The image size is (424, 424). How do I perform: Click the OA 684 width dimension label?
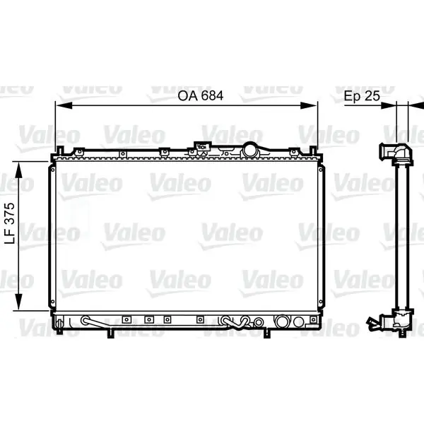[201, 95]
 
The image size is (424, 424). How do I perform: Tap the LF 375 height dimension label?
[10, 223]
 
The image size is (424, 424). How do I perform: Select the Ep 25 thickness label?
[362, 96]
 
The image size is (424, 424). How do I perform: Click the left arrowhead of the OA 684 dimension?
[64, 105]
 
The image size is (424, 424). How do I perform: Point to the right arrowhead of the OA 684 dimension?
[309, 105]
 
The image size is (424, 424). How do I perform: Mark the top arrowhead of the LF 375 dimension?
[18, 170]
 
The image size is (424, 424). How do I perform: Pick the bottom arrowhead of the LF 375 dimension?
[18, 302]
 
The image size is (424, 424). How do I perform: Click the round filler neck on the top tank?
[250, 149]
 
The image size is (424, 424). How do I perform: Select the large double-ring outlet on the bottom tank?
[282, 322]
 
